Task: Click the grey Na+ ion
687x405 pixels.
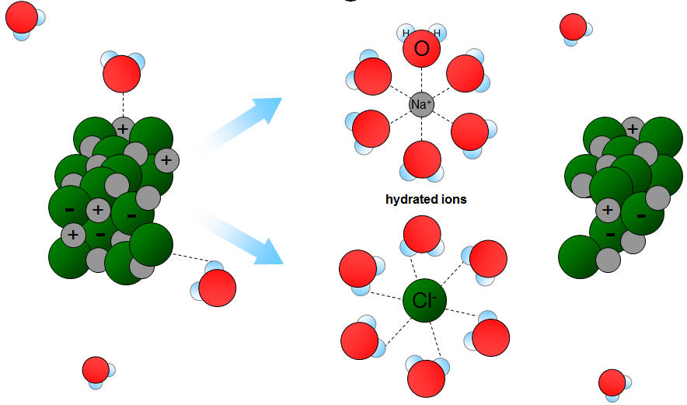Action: coord(421,103)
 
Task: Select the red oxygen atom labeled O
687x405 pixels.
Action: coord(421,50)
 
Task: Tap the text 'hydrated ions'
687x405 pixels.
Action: coord(426,199)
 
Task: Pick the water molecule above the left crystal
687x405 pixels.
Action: coord(122,73)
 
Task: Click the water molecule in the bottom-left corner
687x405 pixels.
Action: coord(96,371)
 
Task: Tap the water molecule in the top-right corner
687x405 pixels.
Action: coord(574,27)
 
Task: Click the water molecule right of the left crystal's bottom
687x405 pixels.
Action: coord(215,287)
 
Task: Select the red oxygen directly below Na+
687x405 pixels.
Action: coord(421,160)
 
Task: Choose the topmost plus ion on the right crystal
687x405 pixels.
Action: coord(633,128)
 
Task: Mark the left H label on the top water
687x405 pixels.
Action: coord(405,33)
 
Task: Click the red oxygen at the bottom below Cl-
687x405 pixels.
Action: coord(426,379)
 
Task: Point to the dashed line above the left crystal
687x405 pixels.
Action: coord(122,103)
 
